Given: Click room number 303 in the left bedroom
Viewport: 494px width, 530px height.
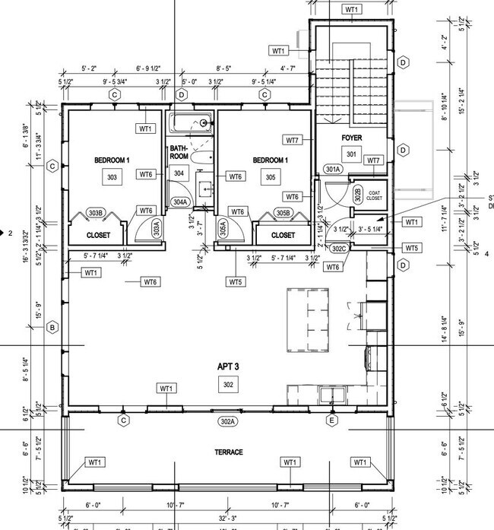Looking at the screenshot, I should click(112, 176).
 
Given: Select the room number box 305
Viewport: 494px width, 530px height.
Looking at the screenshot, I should click(270, 176).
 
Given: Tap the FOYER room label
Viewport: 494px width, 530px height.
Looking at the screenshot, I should click(351, 138).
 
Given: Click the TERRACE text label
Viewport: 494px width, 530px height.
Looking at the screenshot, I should click(228, 452).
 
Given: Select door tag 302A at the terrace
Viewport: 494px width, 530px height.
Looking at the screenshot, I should click(228, 421).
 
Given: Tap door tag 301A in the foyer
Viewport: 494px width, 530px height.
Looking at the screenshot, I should click(332, 169).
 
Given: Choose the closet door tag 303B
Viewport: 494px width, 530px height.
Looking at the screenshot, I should click(95, 213).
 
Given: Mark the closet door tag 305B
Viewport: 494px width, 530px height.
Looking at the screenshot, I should click(283, 213).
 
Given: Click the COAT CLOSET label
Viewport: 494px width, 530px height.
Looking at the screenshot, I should click(374, 195).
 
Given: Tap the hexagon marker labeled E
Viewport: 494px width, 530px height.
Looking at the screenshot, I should click(331, 420).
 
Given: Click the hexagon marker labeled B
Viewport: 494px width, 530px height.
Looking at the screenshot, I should click(52, 328).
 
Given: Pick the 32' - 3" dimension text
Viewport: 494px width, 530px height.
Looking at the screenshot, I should click(228, 518).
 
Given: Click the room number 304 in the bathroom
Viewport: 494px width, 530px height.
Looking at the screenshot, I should click(179, 173).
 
